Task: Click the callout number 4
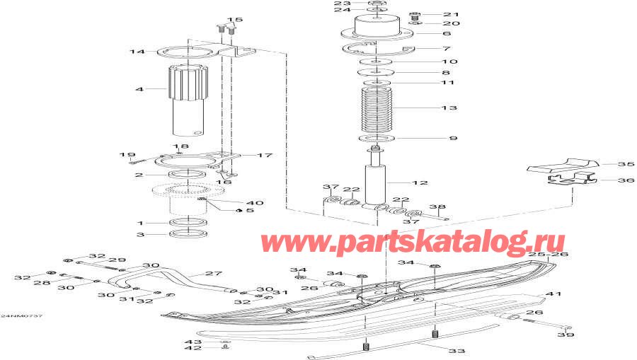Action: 139,90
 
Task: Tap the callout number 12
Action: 421,183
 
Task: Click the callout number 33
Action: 459,351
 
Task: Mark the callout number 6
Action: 446,33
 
